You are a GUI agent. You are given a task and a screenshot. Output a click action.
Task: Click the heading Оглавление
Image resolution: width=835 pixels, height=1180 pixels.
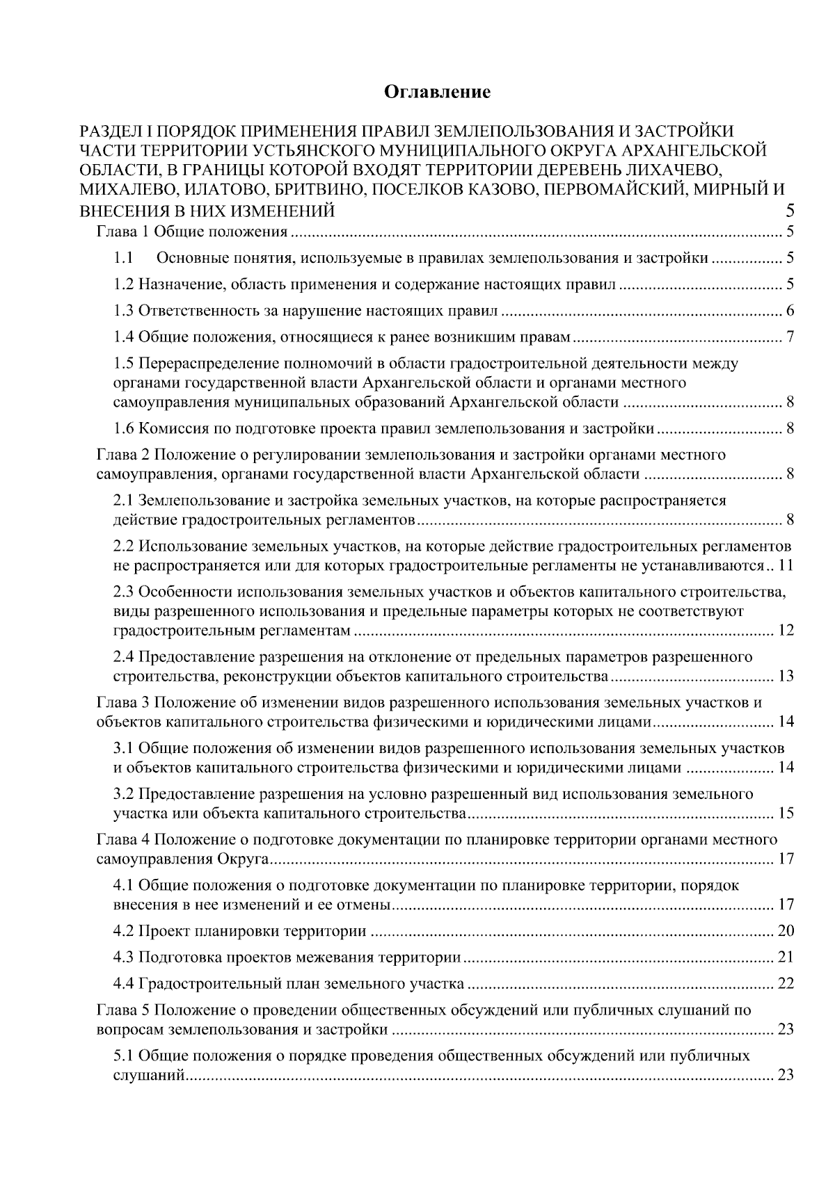[x=438, y=92]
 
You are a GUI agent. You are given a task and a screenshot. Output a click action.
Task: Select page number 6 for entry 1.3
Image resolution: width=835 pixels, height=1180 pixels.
[x=790, y=311]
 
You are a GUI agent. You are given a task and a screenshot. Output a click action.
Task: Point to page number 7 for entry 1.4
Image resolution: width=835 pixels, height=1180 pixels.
[x=790, y=338]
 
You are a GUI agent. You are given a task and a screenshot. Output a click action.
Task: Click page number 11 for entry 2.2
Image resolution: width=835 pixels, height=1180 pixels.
[x=786, y=565]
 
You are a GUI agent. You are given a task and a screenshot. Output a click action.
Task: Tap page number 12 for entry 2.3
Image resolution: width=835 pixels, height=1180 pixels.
[x=786, y=631]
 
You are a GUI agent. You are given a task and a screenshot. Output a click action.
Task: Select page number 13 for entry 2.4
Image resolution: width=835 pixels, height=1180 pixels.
[x=786, y=677]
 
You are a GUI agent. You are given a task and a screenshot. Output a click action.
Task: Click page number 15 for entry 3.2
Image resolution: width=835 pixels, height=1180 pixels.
[x=786, y=814]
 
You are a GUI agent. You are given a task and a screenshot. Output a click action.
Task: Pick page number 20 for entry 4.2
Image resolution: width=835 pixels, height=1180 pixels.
[x=786, y=931]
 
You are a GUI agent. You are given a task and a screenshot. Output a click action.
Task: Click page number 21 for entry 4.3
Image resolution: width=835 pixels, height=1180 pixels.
[x=786, y=957]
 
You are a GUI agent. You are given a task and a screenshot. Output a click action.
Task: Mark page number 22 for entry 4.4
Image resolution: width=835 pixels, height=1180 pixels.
[x=786, y=984]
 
